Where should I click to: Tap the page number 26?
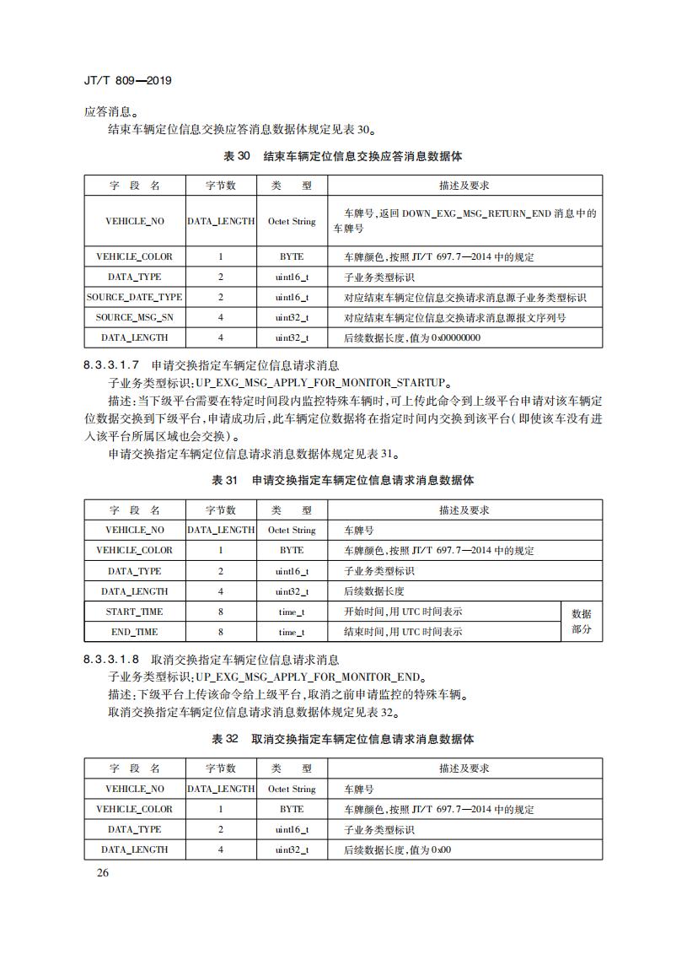pyautogui.click(x=102, y=872)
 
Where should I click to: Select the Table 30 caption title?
pyautogui.click(x=342, y=157)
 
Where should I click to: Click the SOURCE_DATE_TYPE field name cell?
pyautogui.click(x=135, y=297)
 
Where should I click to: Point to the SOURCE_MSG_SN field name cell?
pyautogui.click(x=135, y=317)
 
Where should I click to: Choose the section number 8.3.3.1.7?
pyautogui.click(x=114, y=365)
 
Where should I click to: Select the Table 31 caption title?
pyautogui.click(x=342, y=481)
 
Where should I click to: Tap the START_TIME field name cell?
pyautogui.click(x=135, y=612)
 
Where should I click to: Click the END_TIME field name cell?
pyautogui.click(x=135, y=632)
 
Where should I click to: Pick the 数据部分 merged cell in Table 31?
pyautogui.click(x=582, y=622)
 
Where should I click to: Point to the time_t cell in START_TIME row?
pyautogui.click(x=292, y=612)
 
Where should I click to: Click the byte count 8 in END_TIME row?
pyautogui.click(x=221, y=632)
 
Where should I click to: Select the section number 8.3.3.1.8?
pyautogui.click(x=114, y=660)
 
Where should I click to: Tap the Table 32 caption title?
pyautogui.click(x=342, y=739)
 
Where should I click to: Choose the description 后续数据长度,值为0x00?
pyautogui.click(x=398, y=849)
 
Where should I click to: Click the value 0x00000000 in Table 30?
pyautogui.click(x=456, y=337)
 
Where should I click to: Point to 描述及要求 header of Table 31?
pyautogui.click(x=464, y=510)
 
